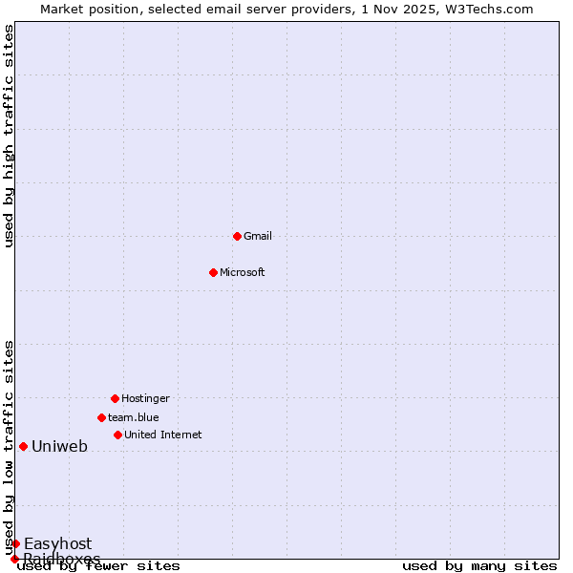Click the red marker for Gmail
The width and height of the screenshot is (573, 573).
237,236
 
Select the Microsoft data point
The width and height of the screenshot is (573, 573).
213,272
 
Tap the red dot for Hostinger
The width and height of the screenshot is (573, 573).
115,398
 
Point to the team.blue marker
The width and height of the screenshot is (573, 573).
101,417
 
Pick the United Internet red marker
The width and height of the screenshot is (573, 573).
117,435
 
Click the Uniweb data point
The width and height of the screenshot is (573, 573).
23,446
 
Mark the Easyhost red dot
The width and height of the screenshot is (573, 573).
15,543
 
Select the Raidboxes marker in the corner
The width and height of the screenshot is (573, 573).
14,559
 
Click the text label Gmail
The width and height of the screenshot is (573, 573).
258,236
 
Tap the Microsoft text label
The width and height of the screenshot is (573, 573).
243,272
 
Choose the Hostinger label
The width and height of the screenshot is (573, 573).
145,398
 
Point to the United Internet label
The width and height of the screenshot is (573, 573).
163,435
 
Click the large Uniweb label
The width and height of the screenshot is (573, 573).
59,446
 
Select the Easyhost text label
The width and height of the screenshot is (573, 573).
58,544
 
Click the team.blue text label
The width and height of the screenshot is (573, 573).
134,417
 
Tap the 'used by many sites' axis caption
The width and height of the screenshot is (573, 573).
479,566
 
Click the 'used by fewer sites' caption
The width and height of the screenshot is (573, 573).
99,566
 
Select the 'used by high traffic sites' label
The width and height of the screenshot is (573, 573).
9,136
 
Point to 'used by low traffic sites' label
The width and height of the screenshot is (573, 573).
9,447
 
